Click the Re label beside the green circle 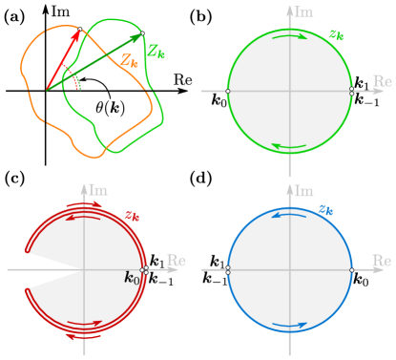382,81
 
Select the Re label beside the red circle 177,260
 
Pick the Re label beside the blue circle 382,260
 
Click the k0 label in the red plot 133,278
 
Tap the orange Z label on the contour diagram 129,59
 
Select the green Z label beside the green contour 156,53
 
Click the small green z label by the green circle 336,34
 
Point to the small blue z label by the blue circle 325,209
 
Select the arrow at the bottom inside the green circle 290,146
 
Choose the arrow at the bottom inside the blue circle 290,326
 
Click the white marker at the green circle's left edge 227,92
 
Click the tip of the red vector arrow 78,32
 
